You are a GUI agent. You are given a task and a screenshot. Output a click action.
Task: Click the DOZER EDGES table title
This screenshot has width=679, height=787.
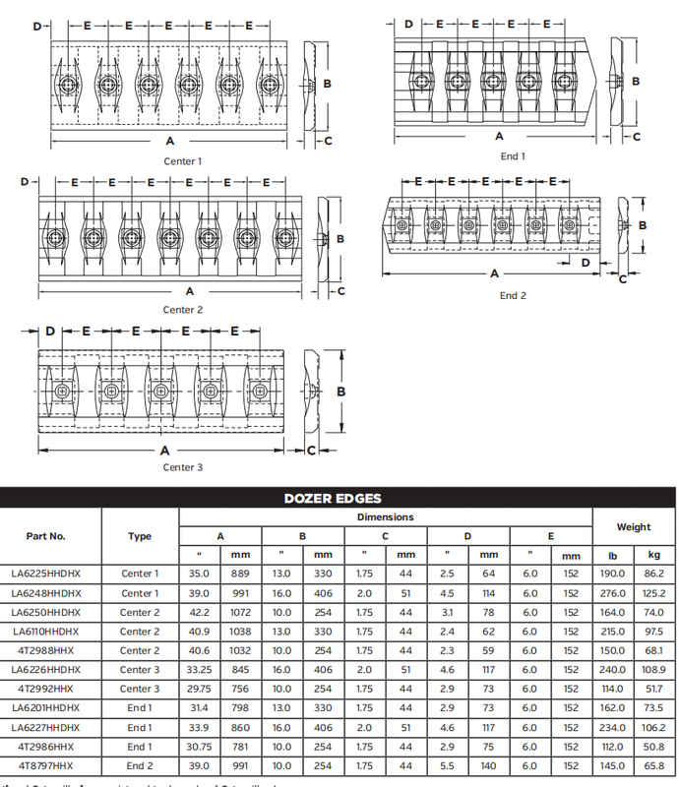click(x=339, y=498)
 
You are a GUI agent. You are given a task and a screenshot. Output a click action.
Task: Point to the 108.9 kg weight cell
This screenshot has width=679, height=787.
click(x=654, y=670)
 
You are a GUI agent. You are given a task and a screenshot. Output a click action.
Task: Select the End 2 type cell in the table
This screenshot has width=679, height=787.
click(x=139, y=765)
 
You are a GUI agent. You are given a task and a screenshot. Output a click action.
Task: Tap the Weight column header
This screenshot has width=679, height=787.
click(x=634, y=527)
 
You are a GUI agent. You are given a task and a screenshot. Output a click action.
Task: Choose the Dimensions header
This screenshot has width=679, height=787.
click(x=385, y=517)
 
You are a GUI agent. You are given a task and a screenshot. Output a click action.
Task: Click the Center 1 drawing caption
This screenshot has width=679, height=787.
click(x=183, y=160)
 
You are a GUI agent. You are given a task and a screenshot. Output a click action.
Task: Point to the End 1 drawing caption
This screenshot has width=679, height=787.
click(x=513, y=156)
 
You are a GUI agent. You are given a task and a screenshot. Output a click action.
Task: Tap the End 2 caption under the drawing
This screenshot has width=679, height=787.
click(x=513, y=296)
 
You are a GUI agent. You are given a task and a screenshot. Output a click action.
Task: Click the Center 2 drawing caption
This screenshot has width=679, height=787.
click(x=183, y=310)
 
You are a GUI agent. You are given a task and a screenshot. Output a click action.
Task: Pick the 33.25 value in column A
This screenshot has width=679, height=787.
click(x=200, y=670)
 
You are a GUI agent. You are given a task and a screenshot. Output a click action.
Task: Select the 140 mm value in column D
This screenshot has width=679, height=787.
click(x=488, y=765)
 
